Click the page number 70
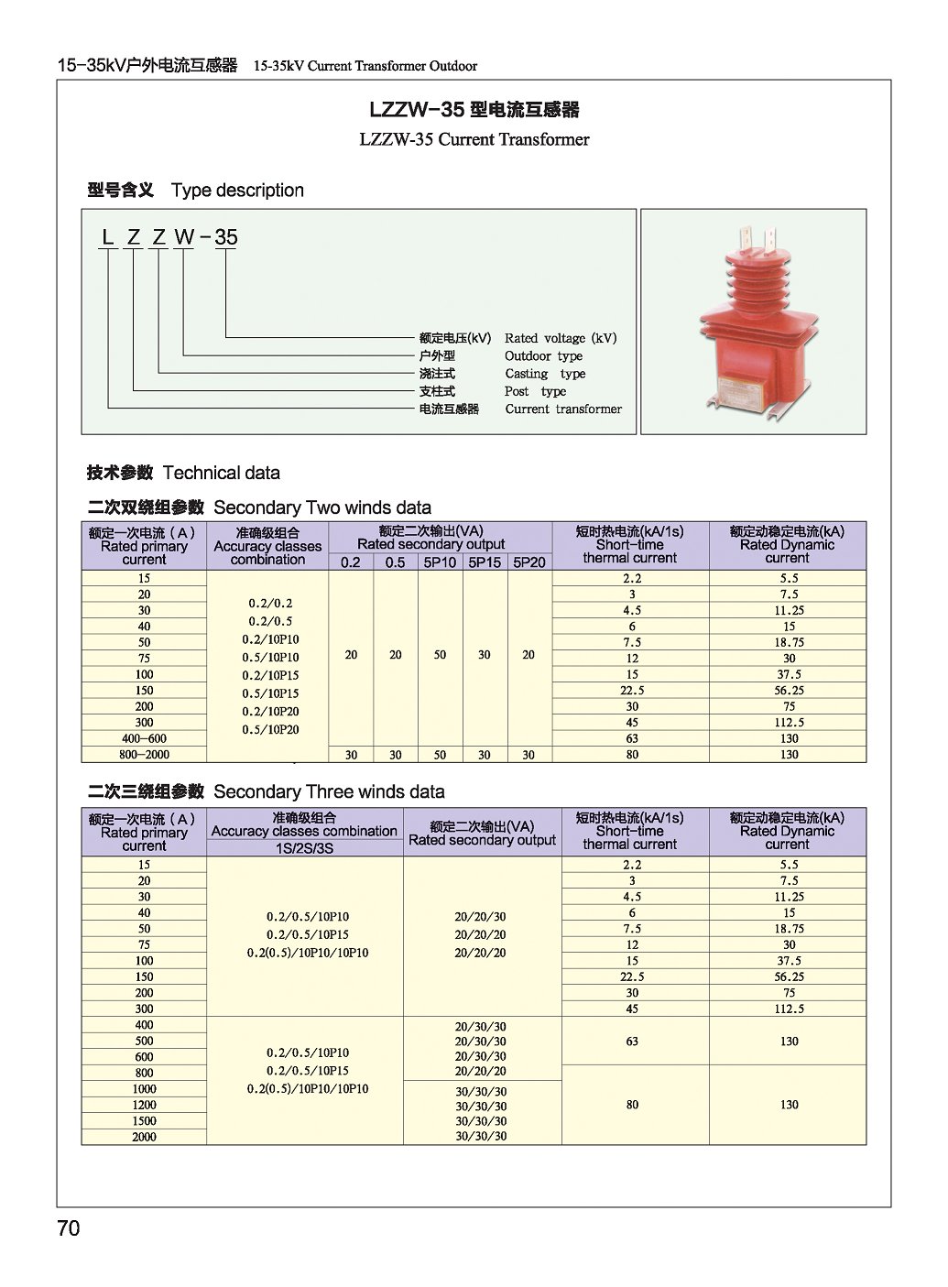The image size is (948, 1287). coord(69,1228)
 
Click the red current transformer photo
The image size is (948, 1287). coord(752,322)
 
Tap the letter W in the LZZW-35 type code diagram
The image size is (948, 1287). coord(184,237)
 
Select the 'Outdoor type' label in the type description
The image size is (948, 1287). coord(543,356)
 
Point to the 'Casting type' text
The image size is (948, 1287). coord(545,374)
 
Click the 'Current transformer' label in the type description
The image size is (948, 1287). coord(563,409)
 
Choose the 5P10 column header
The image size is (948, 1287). coord(440,562)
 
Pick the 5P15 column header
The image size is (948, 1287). coord(485,562)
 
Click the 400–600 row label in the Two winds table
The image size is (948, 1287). coord(145,738)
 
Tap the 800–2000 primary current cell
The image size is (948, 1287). coord(145,755)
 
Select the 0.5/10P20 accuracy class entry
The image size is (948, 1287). coord(271,730)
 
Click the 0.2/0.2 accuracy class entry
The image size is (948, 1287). coord(271,604)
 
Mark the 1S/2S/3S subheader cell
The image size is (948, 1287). coord(305,848)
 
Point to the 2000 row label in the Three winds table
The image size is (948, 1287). coord(145,1137)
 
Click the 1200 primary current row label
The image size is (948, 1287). coord(145,1105)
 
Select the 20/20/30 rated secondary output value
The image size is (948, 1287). coord(481,917)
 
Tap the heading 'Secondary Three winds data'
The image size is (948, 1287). coord(329,791)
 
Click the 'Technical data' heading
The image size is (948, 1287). coord(222,473)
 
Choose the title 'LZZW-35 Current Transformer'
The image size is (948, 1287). coord(474,139)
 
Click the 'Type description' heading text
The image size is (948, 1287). coord(237,191)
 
